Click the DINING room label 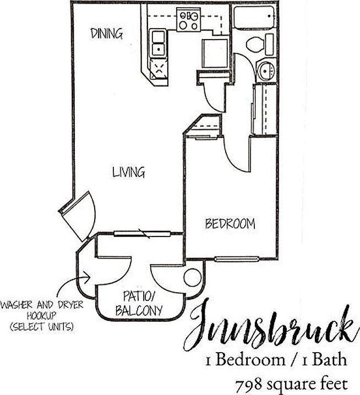pyautogui.click(x=106, y=34)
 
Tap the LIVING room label pyautogui.click(x=129, y=172)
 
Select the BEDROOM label pyautogui.click(x=230, y=224)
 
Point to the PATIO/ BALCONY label pyautogui.click(x=139, y=303)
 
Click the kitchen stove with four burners pyautogui.click(x=189, y=20)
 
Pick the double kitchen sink pyautogui.click(x=158, y=43)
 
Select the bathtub pyautogui.click(x=254, y=17)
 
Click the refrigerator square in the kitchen pyautogui.click(x=215, y=53)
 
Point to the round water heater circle pyautogui.click(x=193, y=277)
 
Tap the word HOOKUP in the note pyautogui.click(x=42, y=315)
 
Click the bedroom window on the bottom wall pyautogui.click(x=237, y=259)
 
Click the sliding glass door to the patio pyautogui.click(x=143, y=234)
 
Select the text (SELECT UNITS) pyautogui.click(x=42, y=327)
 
